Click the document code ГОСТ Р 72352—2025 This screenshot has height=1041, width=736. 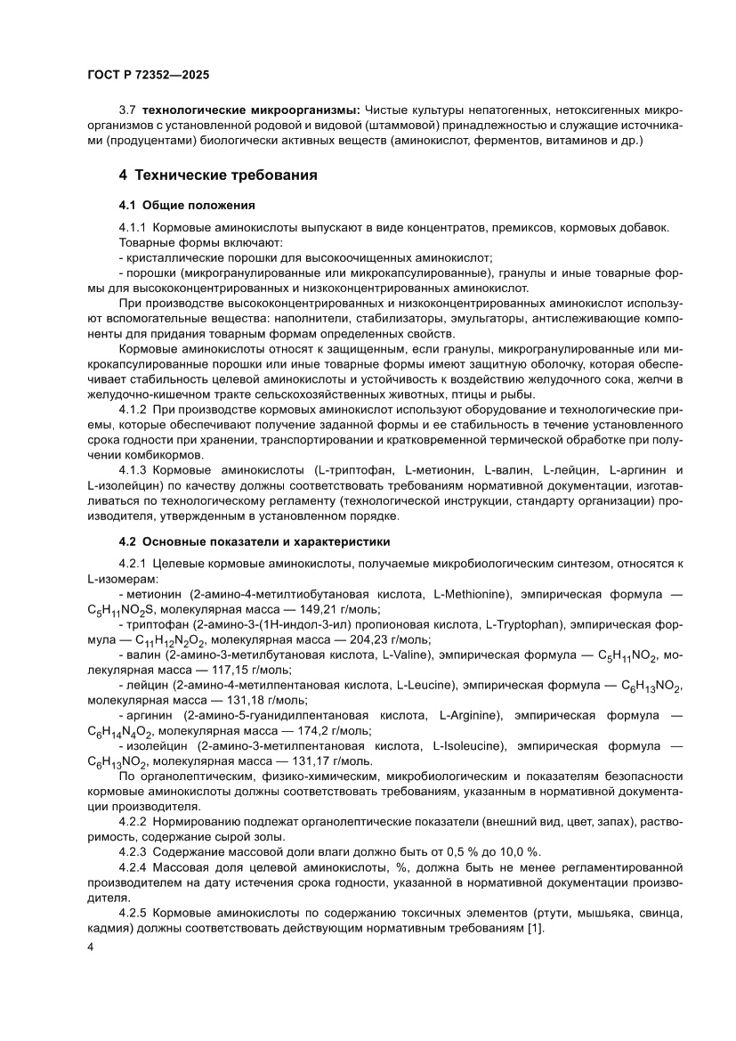148,77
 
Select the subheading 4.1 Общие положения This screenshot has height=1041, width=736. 187,204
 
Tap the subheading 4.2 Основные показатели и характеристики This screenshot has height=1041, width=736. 255,541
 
